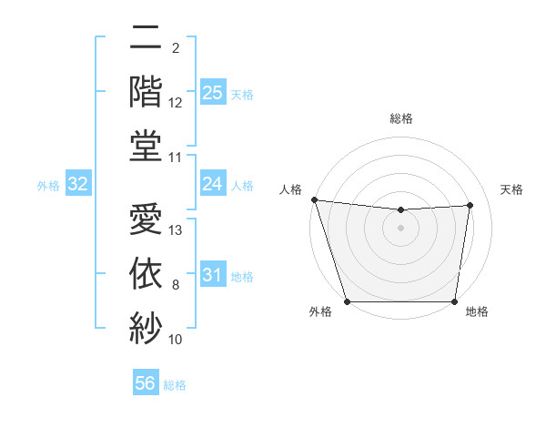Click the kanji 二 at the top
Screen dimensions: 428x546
[x=147, y=40]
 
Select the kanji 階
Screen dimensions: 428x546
[x=147, y=91]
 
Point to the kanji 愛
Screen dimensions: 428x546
[x=147, y=221]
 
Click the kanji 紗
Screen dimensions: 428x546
[x=147, y=326]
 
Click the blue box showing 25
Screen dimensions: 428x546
[x=212, y=92]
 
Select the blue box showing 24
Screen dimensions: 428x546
[x=212, y=184]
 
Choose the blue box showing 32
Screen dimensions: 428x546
[x=78, y=185]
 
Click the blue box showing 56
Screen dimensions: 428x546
[x=146, y=383]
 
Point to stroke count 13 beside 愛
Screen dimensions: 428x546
[x=177, y=230]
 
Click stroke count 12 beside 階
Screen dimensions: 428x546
[x=177, y=102]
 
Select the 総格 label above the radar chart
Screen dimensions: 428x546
[x=401, y=118]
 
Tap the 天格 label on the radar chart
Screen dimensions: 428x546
[x=512, y=189]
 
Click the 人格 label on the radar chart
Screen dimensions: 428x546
[x=290, y=189]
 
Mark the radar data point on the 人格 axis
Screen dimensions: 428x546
[x=314, y=199]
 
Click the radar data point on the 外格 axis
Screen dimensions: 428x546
[x=347, y=301]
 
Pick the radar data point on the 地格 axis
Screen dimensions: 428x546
[x=455, y=301]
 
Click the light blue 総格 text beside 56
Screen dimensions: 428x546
[x=176, y=385]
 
